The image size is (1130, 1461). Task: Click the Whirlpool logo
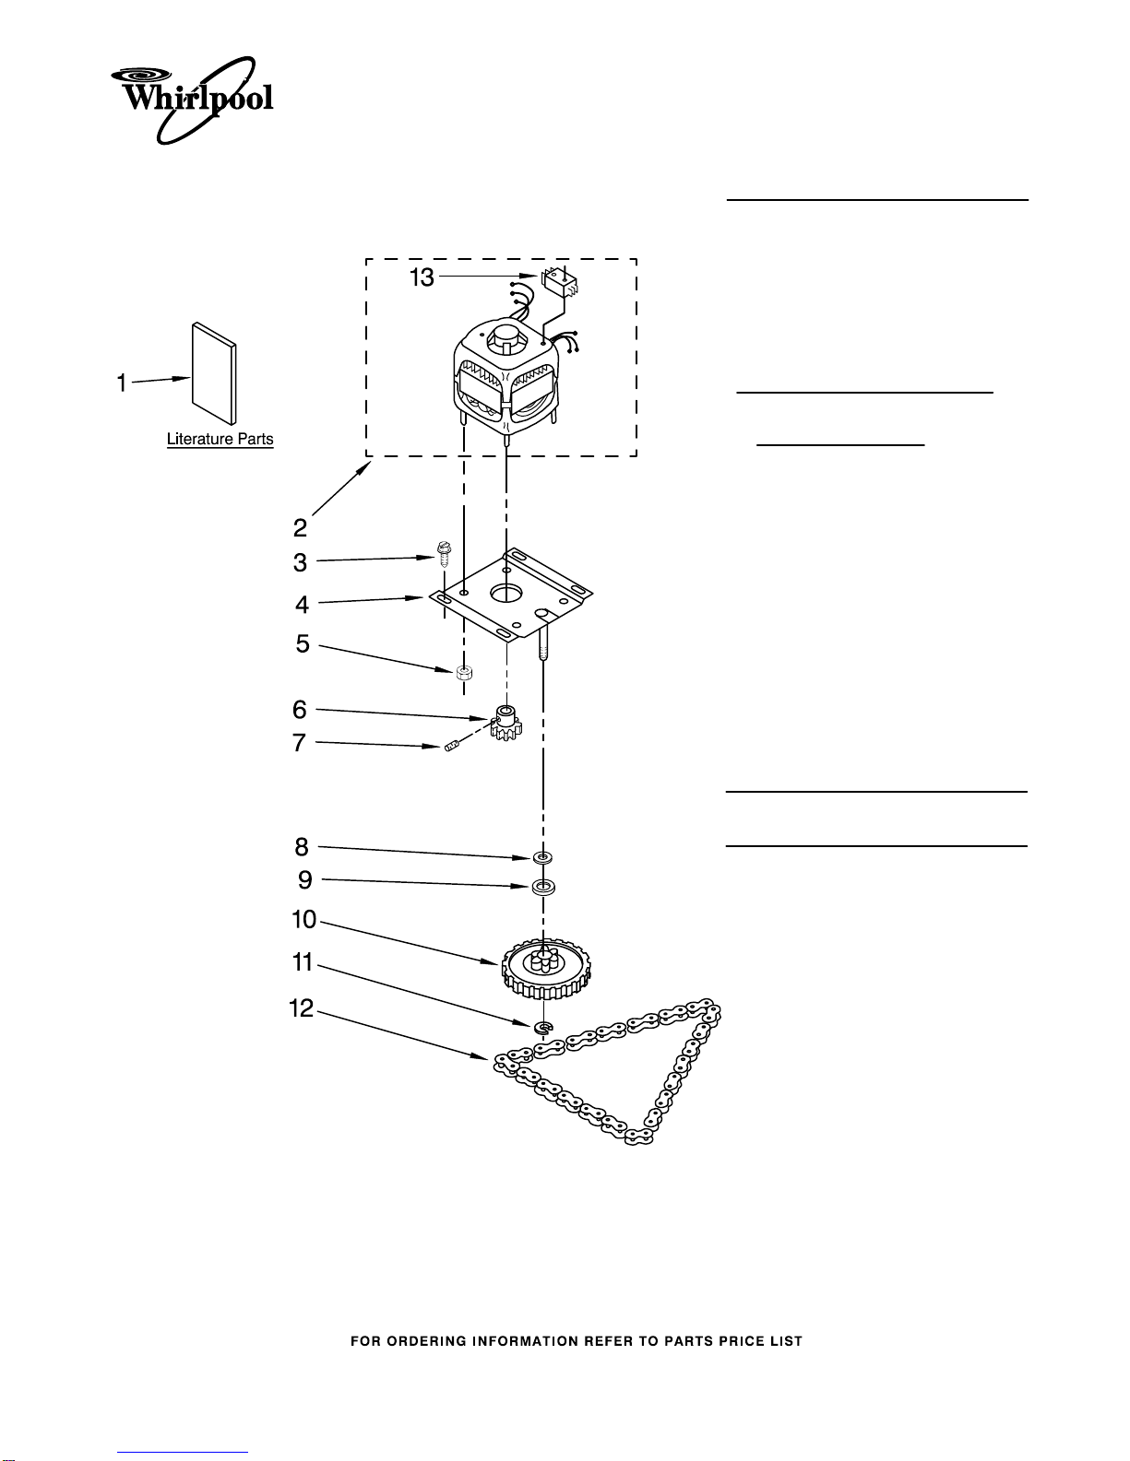(x=193, y=100)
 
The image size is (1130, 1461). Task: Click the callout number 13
(x=422, y=277)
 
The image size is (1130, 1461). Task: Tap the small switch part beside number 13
(x=560, y=280)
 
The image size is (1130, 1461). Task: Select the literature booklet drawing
(x=214, y=374)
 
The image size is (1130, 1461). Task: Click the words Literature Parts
(x=220, y=439)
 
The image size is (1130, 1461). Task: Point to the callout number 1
(x=122, y=383)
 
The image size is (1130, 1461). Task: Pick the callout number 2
(x=300, y=528)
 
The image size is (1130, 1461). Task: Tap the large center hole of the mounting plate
(x=506, y=593)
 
